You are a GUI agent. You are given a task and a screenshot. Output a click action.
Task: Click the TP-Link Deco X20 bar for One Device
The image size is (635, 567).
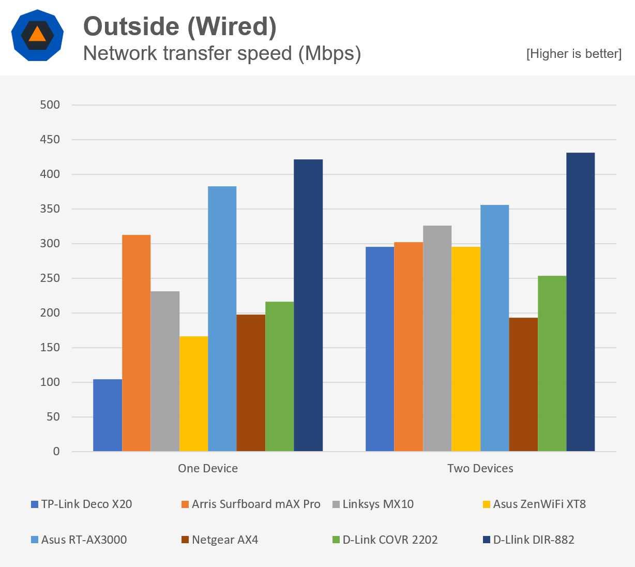108,415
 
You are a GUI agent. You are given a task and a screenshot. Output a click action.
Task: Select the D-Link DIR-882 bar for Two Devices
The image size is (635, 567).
581,302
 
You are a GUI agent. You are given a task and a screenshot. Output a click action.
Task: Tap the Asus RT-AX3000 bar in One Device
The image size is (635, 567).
222,319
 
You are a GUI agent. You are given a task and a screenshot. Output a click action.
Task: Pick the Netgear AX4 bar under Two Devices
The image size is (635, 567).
523,384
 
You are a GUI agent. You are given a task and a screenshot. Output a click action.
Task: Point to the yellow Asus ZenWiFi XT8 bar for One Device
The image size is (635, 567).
193,394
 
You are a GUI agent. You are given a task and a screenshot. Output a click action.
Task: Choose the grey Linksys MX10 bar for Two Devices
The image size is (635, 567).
437,338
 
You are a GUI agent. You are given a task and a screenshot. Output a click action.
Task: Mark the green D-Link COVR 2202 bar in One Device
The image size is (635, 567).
279,377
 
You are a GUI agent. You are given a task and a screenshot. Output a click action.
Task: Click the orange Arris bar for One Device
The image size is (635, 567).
136,343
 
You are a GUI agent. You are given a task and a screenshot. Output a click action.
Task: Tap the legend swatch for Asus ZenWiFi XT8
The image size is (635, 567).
486,504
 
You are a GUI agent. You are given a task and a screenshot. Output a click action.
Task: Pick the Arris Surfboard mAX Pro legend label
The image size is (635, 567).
256,504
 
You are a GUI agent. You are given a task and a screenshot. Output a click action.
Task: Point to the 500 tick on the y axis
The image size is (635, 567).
50,105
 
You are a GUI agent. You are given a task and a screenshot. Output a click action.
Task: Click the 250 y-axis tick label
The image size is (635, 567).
50,278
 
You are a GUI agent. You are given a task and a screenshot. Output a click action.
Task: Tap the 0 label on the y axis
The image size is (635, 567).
56,452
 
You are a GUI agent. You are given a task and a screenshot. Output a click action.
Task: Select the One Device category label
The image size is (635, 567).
208,468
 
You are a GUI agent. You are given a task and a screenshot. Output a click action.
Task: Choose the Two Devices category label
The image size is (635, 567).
480,468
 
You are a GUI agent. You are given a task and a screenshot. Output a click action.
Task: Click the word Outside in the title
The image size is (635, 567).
131,26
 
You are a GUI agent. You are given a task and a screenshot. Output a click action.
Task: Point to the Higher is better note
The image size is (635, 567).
573,54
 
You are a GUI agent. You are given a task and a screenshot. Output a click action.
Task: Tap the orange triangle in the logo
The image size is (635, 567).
37,35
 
